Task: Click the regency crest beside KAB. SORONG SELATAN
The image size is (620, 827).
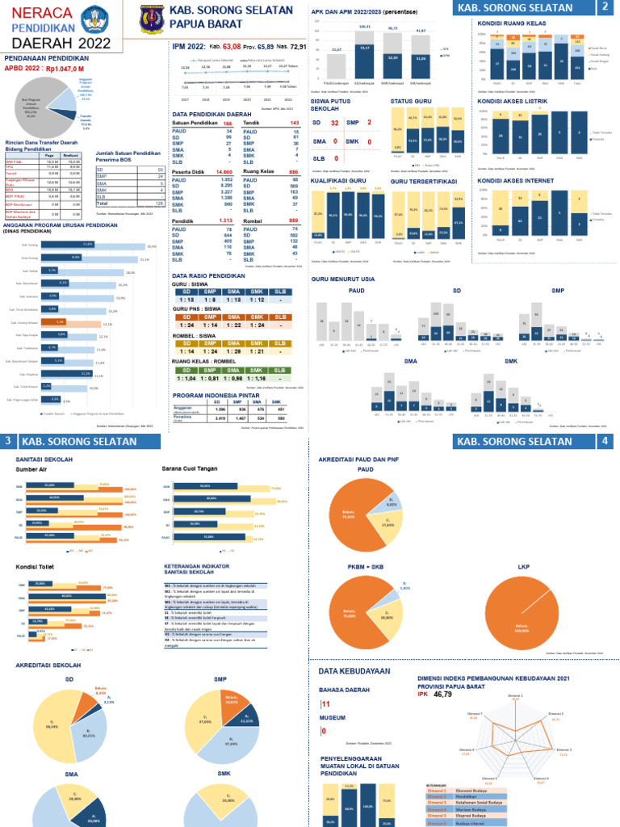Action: click(x=151, y=19)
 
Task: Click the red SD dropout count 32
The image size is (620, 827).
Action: click(x=334, y=123)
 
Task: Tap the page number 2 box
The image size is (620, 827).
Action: click(x=605, y=8)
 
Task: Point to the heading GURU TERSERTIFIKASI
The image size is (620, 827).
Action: click(x=424, y=182)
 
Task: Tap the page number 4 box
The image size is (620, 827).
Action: click(x=605, y=442)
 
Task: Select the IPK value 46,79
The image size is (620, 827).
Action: click(x=442, y=694)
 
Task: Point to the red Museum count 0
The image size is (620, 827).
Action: click(x=323, y=732)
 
